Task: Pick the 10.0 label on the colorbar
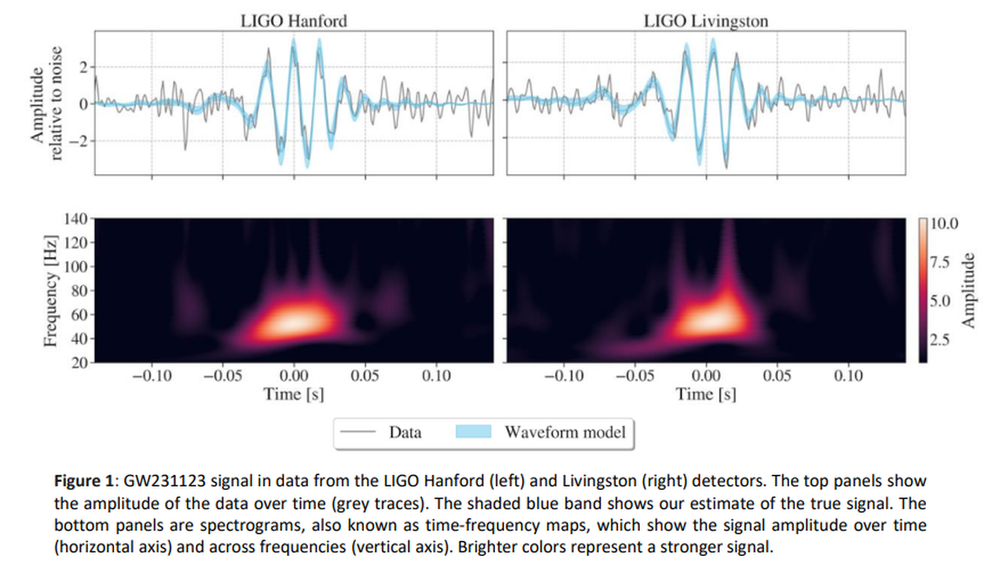[x=943, y=224]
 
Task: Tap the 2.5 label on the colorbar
[x=940, y=340]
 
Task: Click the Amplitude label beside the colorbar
[x=969, y=291]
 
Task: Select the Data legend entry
[x=405, y=431]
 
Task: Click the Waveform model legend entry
[x=564, y=431]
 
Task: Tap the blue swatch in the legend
[x=474, y=431]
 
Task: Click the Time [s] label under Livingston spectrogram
[x=706, y=393]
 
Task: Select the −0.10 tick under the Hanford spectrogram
[x=151, y=377]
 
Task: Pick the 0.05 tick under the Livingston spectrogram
[x=777, y=377]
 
